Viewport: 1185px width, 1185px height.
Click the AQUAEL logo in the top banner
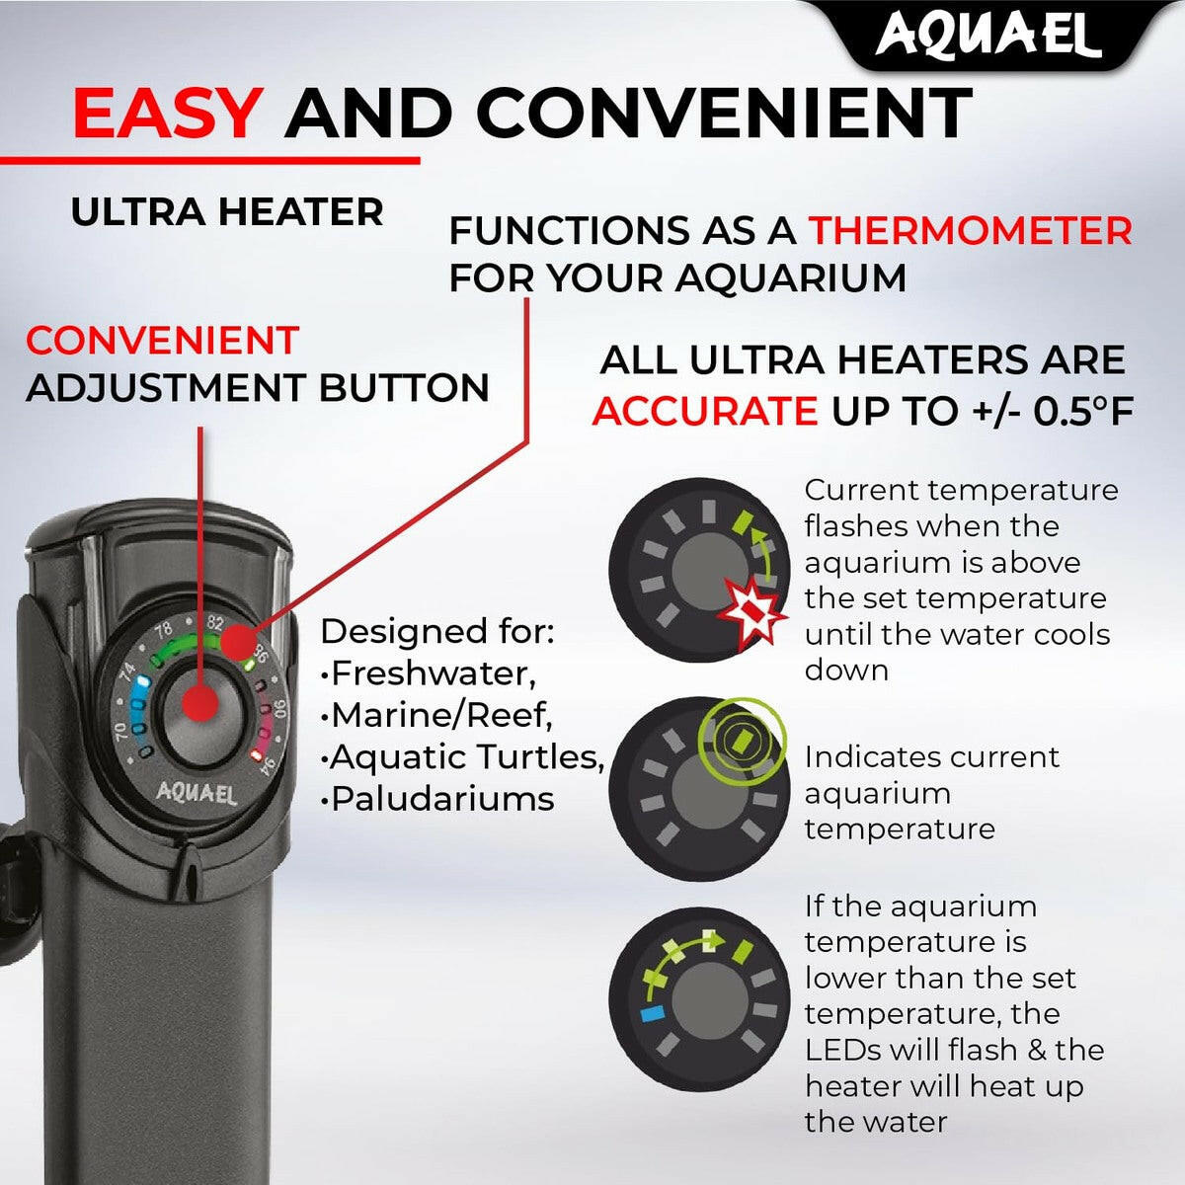[x=987, y=35]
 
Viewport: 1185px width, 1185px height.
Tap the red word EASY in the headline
[x=165, y=114]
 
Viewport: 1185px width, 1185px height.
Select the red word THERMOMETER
[x=971, y=231]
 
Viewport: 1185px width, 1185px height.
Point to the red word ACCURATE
[x=705, y=412]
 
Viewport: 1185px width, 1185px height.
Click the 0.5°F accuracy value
[x=1083, y=411]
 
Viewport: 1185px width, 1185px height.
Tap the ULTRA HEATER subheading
[x=227, y=212]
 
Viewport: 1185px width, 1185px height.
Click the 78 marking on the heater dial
[x=164, y=630]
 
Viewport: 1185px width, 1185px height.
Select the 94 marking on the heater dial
[x=267, y=766]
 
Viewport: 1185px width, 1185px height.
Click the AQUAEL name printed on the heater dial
[x=196, y=794]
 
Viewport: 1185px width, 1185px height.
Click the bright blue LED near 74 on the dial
[x=143, y=682]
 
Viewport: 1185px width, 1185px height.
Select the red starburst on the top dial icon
[x=752, y=610]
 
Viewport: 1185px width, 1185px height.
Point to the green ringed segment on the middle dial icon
[x=742, y=740]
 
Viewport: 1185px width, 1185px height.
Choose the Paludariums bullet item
[x=437, y=800]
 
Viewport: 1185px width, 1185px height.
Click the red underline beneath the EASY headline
[x=209, y=161]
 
